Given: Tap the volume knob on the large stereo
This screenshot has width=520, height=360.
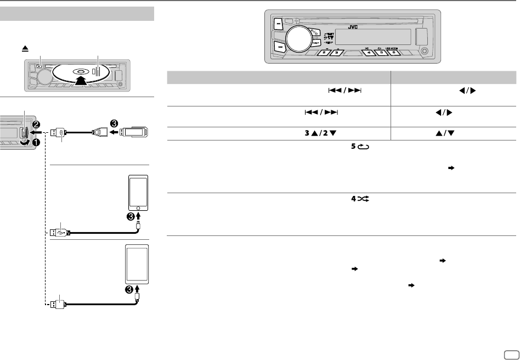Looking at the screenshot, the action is (x=297, y=37).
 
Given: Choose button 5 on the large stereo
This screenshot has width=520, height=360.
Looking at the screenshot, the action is (x=381, y=53).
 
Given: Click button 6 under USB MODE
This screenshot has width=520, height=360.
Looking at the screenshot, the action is (x=394, y=53).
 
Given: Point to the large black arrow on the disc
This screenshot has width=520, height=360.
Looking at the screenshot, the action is (x=80, y=80).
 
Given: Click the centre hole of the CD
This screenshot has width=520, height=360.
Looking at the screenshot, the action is (x=80, y=71).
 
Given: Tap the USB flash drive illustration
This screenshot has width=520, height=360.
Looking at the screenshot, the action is (x=135, y=132).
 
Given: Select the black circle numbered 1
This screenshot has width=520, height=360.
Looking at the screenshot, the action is (x=37, y=143).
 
